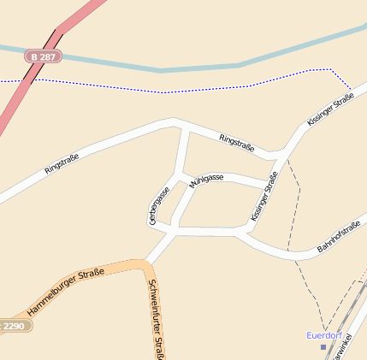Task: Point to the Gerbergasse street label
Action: (x=158, y=205)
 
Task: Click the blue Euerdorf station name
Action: (x=325, y=335)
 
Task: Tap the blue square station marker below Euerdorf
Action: (x=323, y=347)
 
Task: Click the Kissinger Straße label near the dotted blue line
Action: (x=330, y=110)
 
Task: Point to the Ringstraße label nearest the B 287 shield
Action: (x=62, y=163)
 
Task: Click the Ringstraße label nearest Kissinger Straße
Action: (x=236, y=143)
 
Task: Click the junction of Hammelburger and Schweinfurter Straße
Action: (x=142, y=265)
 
